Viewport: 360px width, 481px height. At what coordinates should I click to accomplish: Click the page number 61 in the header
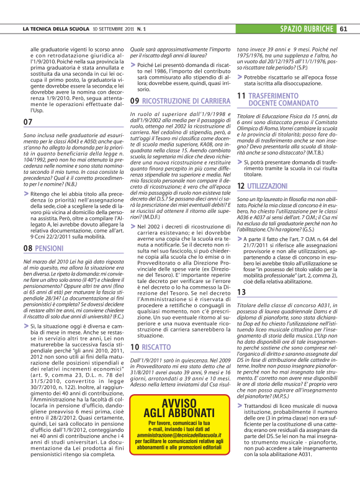pyautogui.click(x=343, y=29)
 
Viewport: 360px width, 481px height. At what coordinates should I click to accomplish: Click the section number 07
pyautogui.click(x=27, y=122)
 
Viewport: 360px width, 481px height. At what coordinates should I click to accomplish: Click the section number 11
pyautogui.click(x=241, y=96)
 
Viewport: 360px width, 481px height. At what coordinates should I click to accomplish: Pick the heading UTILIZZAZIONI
pyautogui.click(x=270, y=169)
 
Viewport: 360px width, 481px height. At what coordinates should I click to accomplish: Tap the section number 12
pyautogui.click(x=241, y=169)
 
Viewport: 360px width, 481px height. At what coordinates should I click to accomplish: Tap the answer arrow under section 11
pyautogui.click(x=240, y=144)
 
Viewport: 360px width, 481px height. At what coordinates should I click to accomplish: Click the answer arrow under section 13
pyautogui.click(x=240, y=405)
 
